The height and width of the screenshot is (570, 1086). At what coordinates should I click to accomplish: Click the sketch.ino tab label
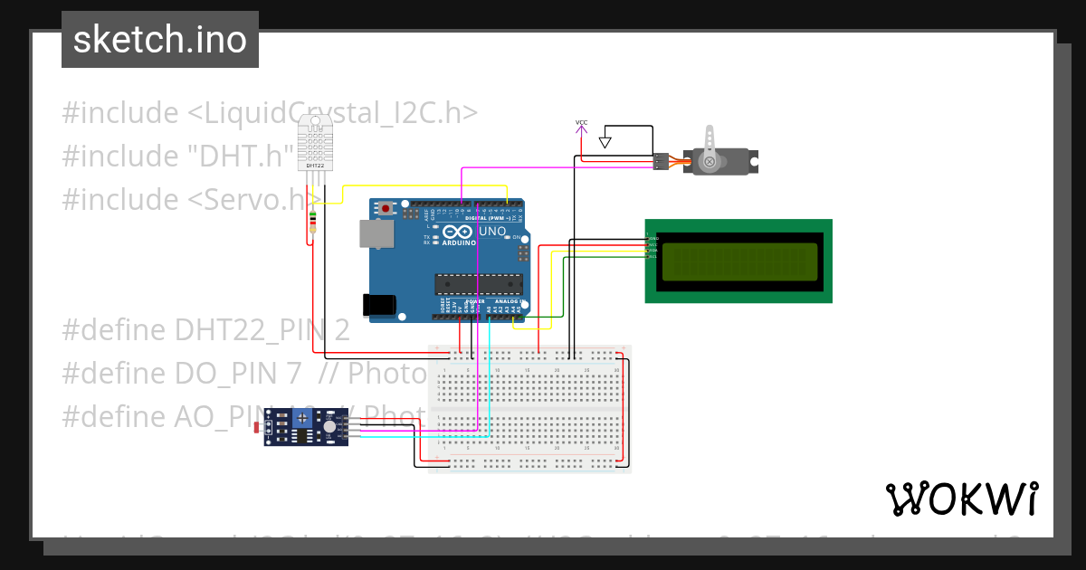click(x=160, y=40)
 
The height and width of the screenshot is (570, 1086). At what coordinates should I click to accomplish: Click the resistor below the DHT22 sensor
click(x=313, y=221)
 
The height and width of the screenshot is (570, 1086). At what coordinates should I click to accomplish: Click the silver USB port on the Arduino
click(x=376, y=233)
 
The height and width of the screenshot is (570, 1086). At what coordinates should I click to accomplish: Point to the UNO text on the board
click(x=492, y=232)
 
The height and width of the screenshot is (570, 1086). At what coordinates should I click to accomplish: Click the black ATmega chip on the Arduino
click(x=479, y=284)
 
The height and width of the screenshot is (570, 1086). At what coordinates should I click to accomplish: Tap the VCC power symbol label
click(x=581, y=122)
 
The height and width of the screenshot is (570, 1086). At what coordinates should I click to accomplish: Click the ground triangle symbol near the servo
click(x=605, y=142)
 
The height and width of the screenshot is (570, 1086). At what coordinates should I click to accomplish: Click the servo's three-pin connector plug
click(x=661, y=162)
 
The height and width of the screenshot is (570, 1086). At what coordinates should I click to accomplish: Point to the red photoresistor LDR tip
click(x=259, y=425)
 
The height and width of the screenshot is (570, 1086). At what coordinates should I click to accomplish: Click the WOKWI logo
click(x=961, y=499)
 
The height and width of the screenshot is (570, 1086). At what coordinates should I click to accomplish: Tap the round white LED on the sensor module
click(x=330, y=425)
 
